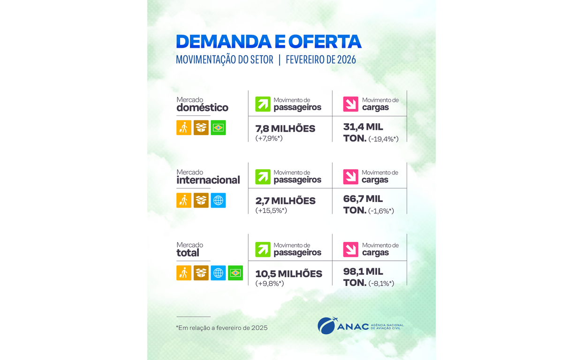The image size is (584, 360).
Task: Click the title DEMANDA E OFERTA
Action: [x=268, y=42]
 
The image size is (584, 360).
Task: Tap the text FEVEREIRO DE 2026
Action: [x=321, y=60]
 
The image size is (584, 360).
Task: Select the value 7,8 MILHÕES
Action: [x=285, y=128]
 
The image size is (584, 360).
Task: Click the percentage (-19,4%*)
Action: [x=383, y=139]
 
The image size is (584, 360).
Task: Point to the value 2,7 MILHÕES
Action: [x=285, y=201]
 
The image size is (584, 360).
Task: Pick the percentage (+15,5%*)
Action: [x=271, y=211]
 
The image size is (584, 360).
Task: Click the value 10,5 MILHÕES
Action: [x=288, y=274]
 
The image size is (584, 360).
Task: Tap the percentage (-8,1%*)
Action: [x=381, y=283]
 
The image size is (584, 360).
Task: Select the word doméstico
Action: [x=202, y=108]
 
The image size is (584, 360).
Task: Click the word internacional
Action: [x=208, y=180]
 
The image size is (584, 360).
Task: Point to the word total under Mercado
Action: [x=188, y=253]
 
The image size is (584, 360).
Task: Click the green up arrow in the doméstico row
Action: [x=263, y=104]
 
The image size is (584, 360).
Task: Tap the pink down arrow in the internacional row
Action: [x=350, y=177]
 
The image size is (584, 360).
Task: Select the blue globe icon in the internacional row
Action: [x=218, y=200]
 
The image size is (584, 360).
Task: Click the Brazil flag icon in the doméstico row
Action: [x=218, y=127]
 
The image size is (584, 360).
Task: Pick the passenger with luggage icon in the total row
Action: [x=184, y=273]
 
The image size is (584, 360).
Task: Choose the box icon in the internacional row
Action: [x=201, y=200]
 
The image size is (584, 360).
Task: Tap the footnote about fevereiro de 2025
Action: [x=221, y=328]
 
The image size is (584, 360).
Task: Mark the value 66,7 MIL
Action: [x=363, y=199]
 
